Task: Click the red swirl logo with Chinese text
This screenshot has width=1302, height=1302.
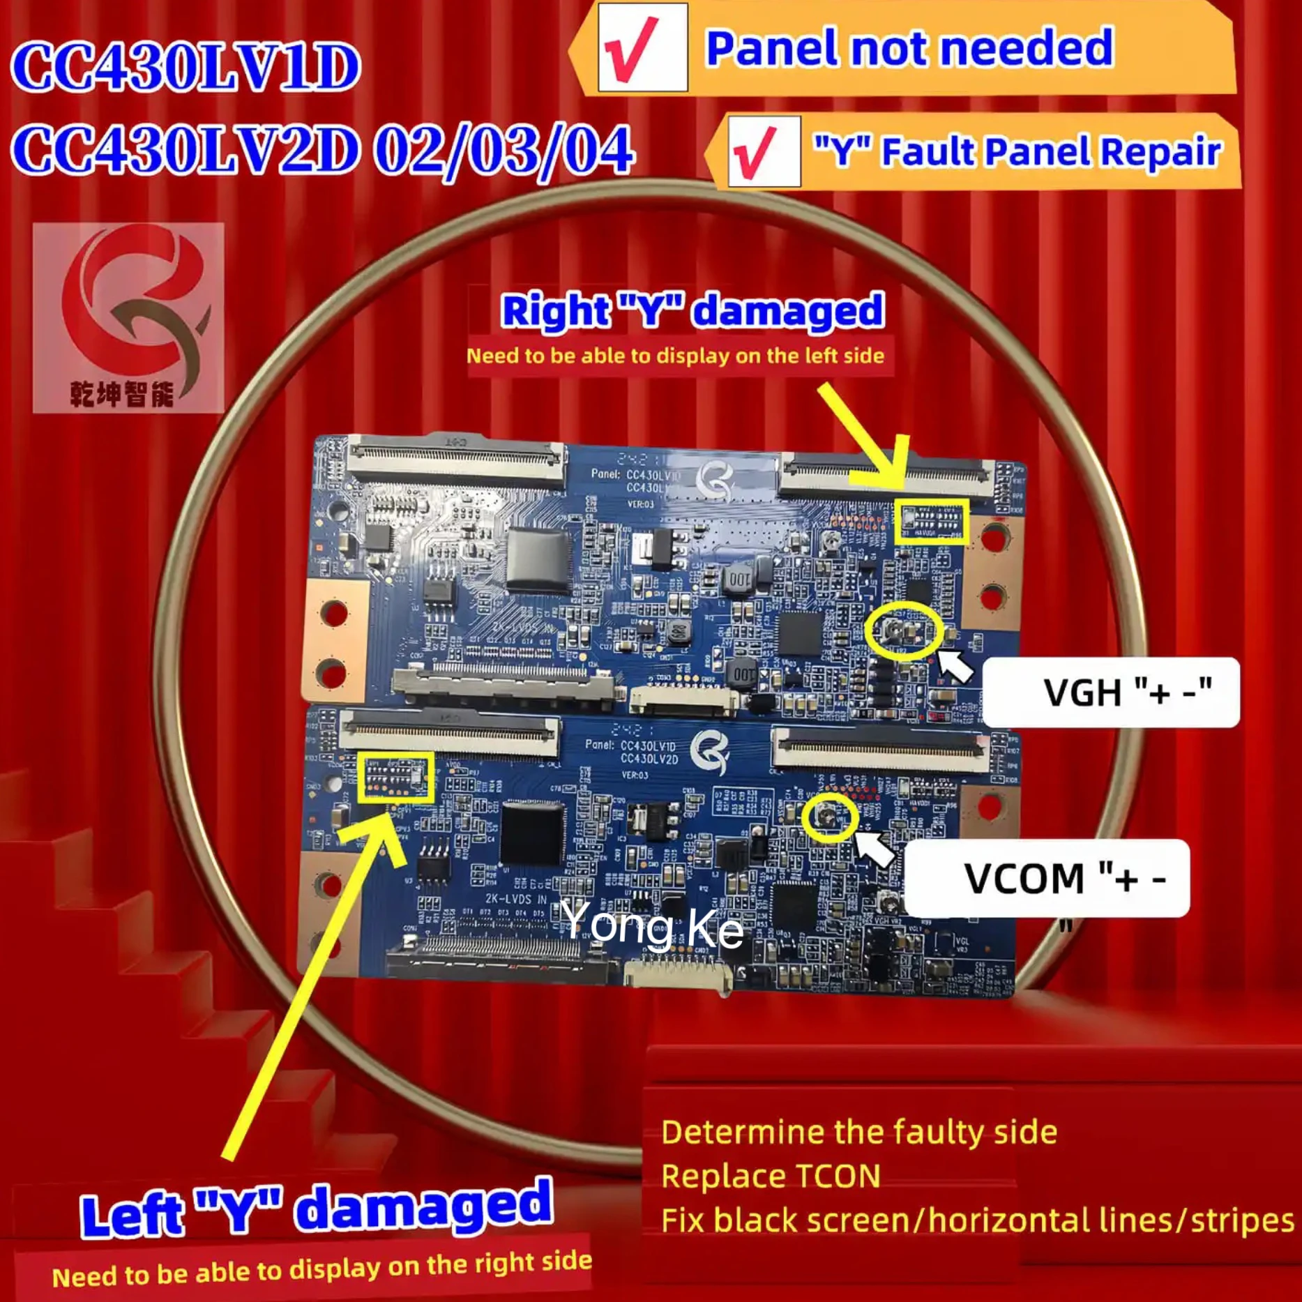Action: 128,317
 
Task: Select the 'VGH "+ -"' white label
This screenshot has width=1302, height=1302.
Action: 1111,692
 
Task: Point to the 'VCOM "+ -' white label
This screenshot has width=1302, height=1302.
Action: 1046,877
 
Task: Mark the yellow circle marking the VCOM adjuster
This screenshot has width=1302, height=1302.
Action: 829,817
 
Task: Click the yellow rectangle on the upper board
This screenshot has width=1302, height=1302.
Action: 931,521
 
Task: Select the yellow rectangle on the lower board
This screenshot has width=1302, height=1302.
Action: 395,777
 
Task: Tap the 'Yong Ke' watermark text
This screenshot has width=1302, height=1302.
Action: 651,925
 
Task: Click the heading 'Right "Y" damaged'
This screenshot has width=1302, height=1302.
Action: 692,310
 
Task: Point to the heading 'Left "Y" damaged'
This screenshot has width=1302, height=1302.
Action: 317,1209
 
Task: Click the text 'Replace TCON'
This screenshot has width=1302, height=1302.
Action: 771,1176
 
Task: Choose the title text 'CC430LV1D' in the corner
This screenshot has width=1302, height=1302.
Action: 186,68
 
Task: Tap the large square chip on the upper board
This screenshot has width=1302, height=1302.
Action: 538,560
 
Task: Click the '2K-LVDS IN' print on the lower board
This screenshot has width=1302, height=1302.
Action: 516,900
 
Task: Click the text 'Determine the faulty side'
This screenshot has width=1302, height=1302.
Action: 858,1131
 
